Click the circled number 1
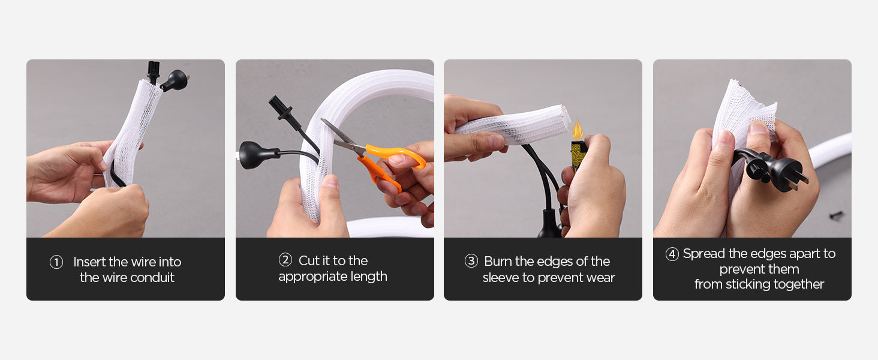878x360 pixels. point(56,262)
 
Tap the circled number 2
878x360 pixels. point(285,260)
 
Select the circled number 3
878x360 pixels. point(471,261)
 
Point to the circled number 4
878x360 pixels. point(672,254)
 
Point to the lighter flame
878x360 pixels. point(577,129)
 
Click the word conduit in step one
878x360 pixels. point(152,278)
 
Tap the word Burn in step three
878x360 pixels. point(498,261)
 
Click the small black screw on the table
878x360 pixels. point(835,215)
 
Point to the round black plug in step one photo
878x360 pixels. point(175,80)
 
